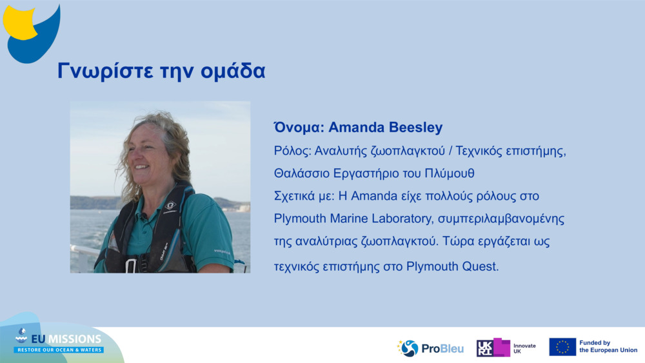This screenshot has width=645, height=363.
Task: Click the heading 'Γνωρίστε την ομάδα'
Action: click(161, 71)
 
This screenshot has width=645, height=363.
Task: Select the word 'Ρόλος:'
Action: click(292, 151)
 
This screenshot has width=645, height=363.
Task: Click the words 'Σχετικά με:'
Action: click(304, 195)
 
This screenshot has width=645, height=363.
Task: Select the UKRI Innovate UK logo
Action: click(506, 348)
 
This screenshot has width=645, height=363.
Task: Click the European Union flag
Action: click(562, 347)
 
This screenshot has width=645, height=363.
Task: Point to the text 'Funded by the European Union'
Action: click(608, 347)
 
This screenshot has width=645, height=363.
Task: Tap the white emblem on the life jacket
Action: click(170, 206)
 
